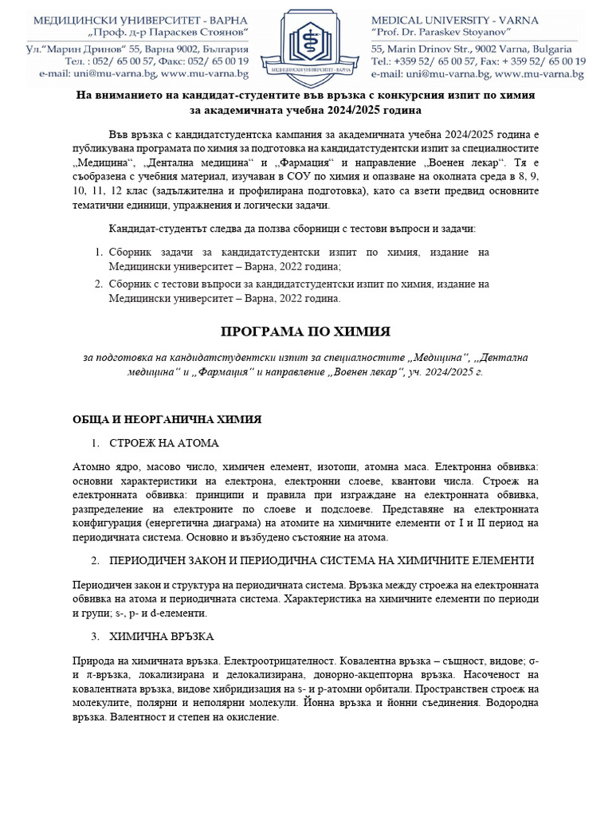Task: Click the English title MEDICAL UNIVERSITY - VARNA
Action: (454, 20)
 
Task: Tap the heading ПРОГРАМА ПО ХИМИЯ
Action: (305, 331)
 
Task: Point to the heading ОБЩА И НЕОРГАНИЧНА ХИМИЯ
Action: (167, 419)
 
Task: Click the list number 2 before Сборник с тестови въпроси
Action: (97, 284)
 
